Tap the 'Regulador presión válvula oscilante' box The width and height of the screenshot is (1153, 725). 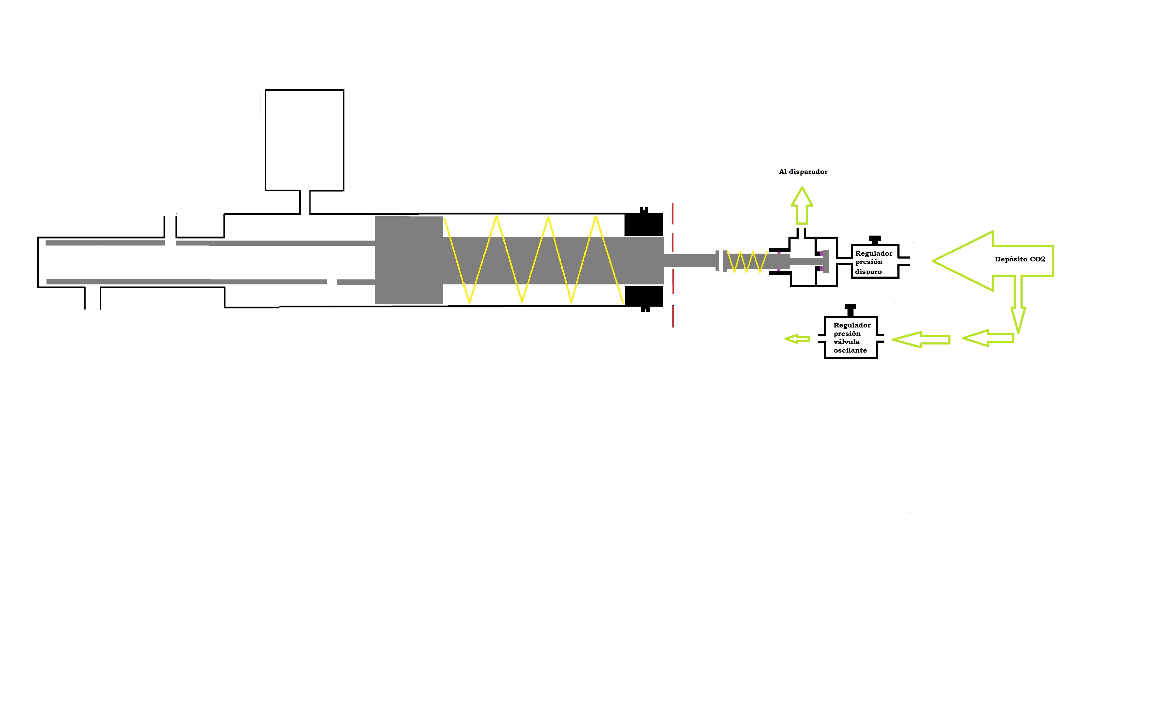coord(850,337)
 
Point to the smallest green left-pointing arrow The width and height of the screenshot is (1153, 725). coord(797,339)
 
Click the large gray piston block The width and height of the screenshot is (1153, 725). coord(409,260)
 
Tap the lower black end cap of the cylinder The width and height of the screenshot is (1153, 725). coord(644,297)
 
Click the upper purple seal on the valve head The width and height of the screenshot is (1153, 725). coord(822,253)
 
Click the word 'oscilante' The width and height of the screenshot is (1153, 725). coord(850,350)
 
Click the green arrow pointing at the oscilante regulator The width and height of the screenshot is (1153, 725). coord(921,339)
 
